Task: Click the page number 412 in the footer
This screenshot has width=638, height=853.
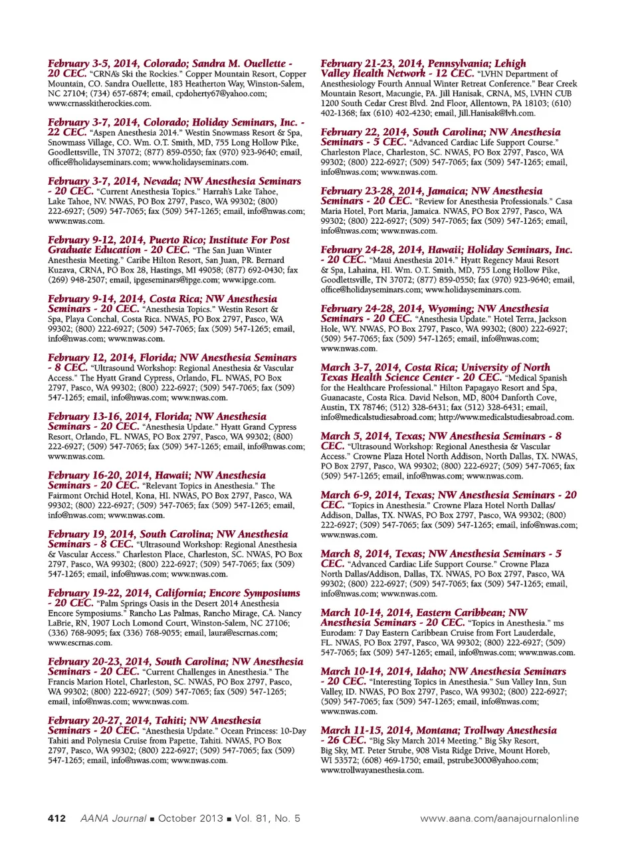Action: (56, 818)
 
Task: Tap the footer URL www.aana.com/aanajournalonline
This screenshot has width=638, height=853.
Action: (499, 818)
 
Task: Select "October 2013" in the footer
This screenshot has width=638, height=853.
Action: (190, 818)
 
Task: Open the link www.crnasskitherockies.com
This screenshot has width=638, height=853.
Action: (99, 104)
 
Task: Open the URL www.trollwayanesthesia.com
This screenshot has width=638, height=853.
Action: (372, 770)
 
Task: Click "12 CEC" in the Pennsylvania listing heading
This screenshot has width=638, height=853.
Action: (455, 74)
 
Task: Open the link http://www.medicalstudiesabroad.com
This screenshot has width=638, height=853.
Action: (506, 417)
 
